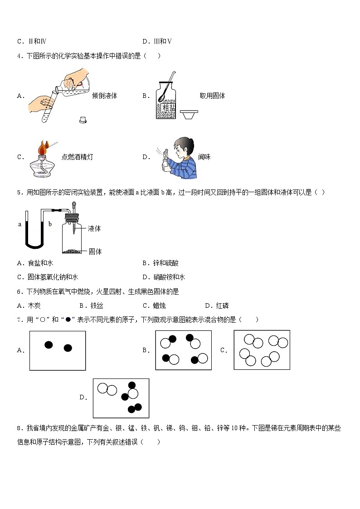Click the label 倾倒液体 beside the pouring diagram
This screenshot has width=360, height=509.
tap(104, 96)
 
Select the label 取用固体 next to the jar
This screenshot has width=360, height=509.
tap(212, 96)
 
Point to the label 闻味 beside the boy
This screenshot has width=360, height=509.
tap(204, 157)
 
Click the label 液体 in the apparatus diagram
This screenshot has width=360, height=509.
tap(95, 228)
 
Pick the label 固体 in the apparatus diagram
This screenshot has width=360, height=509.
tap(95, 251)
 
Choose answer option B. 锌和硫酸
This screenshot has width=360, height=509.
tap(163, 263)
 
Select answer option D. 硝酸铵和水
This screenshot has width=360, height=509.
tap(163, 277)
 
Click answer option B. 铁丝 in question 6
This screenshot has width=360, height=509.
tap(91, 305)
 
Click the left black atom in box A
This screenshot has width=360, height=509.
tap(49, 345)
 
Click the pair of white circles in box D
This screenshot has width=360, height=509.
tap(107, 389)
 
